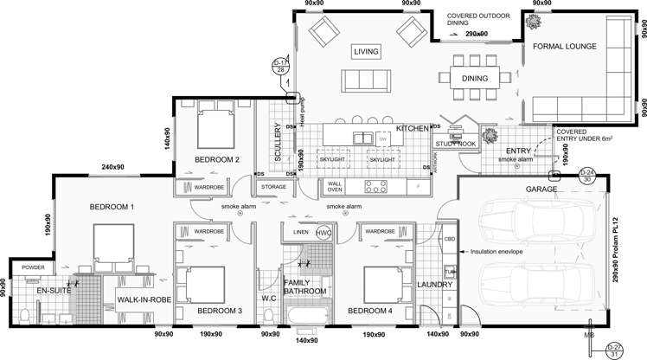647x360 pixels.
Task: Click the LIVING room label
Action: click(367, 53)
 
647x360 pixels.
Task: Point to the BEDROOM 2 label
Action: click(216, 159)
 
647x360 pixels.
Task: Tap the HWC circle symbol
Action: click(323, 233)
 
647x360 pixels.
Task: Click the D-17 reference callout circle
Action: click(279, 67)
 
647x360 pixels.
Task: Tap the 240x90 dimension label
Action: click(114, 167)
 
